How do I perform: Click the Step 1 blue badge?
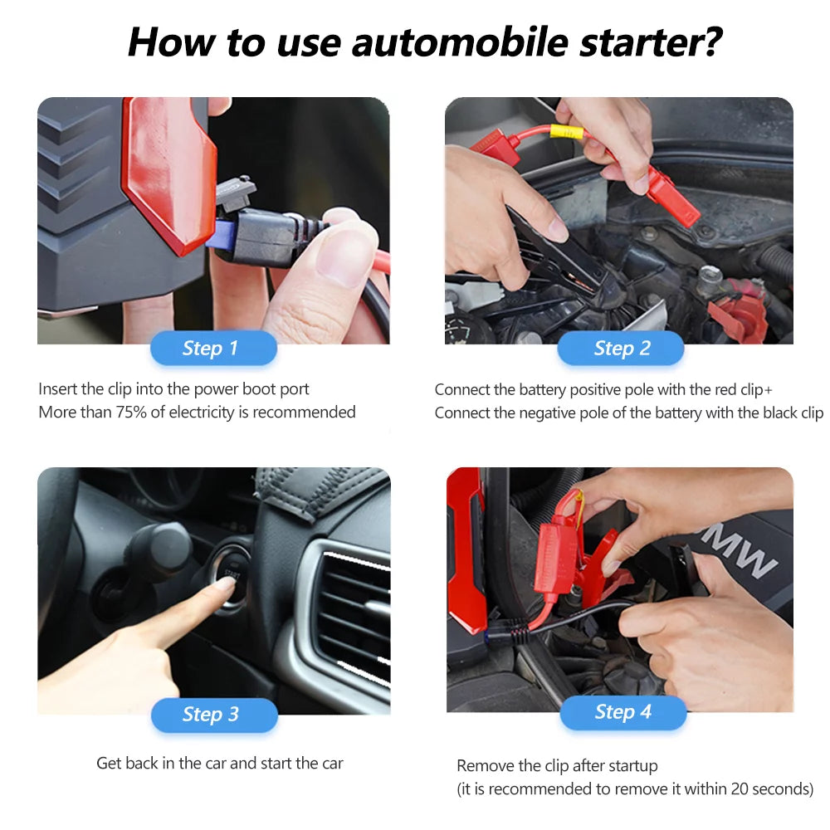coord(212,349)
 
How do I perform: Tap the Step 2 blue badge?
coord(621,349)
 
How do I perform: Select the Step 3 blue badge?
coord(212,715)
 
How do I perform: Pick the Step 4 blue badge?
coord(622,712)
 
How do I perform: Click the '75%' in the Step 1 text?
coord(146,413)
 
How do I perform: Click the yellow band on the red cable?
coord(566,132)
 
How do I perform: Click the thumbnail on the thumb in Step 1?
coord(342,256)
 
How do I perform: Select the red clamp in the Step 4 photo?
coord(573,556)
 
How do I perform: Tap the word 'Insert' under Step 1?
coord(58,389)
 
